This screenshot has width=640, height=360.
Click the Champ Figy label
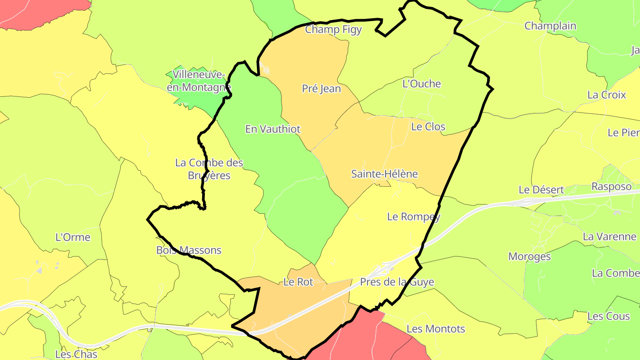coord(333,30)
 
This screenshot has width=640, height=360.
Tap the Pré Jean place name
coord(321,89)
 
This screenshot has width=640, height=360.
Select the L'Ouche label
coord(421,84)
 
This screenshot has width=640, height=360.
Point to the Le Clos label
coord(428,127)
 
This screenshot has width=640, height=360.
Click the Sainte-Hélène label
coord(384,174)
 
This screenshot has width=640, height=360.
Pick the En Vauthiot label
coord(273,129)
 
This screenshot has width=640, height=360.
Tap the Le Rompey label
coord(414,216)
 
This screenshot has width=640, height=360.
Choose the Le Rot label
coord(298,282)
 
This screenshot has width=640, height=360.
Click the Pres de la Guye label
coord(397,282)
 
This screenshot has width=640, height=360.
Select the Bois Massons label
coord(189,250)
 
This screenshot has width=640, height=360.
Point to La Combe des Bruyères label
coord(209,169)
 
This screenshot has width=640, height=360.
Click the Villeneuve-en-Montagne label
coord(199,81)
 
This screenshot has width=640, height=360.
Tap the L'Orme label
coord(73,237)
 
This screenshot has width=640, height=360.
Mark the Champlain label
coord(550,26)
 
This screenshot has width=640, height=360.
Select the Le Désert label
coord(541,190)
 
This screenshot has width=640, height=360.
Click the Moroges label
coord(529,256)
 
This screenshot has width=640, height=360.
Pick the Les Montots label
coord(436,329)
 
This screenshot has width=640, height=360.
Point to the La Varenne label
coord(609,236)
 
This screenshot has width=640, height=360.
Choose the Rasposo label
coord(611,186)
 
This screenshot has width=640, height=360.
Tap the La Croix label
coord(607,95)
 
